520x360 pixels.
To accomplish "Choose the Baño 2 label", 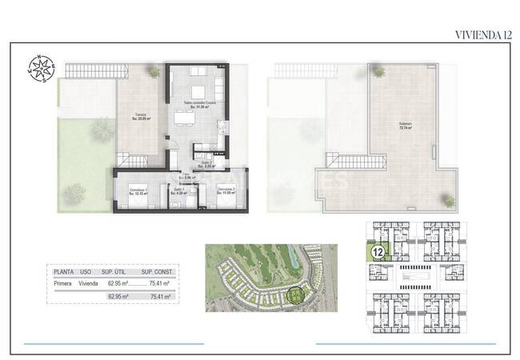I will pyautogui.click(x=207, y=164).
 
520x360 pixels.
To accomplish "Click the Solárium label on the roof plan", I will pyautogui.click(x=406, y=125).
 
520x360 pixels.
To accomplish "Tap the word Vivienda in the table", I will pyautogui.click(x=89, y=282).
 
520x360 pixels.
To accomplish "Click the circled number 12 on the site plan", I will pyautogui.click(x=375, y=251).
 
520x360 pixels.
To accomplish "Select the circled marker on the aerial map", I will pyautogui.click(x=298, y=296).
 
